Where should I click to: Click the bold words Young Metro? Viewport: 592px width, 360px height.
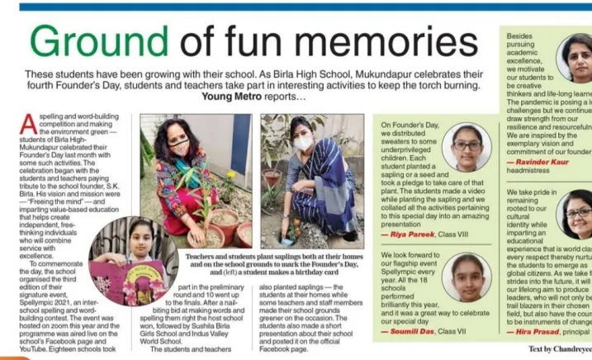click(234, 96)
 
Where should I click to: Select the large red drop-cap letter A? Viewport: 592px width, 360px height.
click(28, 123)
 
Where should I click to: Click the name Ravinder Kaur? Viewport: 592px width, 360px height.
click(542, 163)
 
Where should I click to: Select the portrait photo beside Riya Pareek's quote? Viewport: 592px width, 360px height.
click(466, 147)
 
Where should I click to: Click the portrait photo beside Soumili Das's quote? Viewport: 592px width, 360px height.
click(466, 277)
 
